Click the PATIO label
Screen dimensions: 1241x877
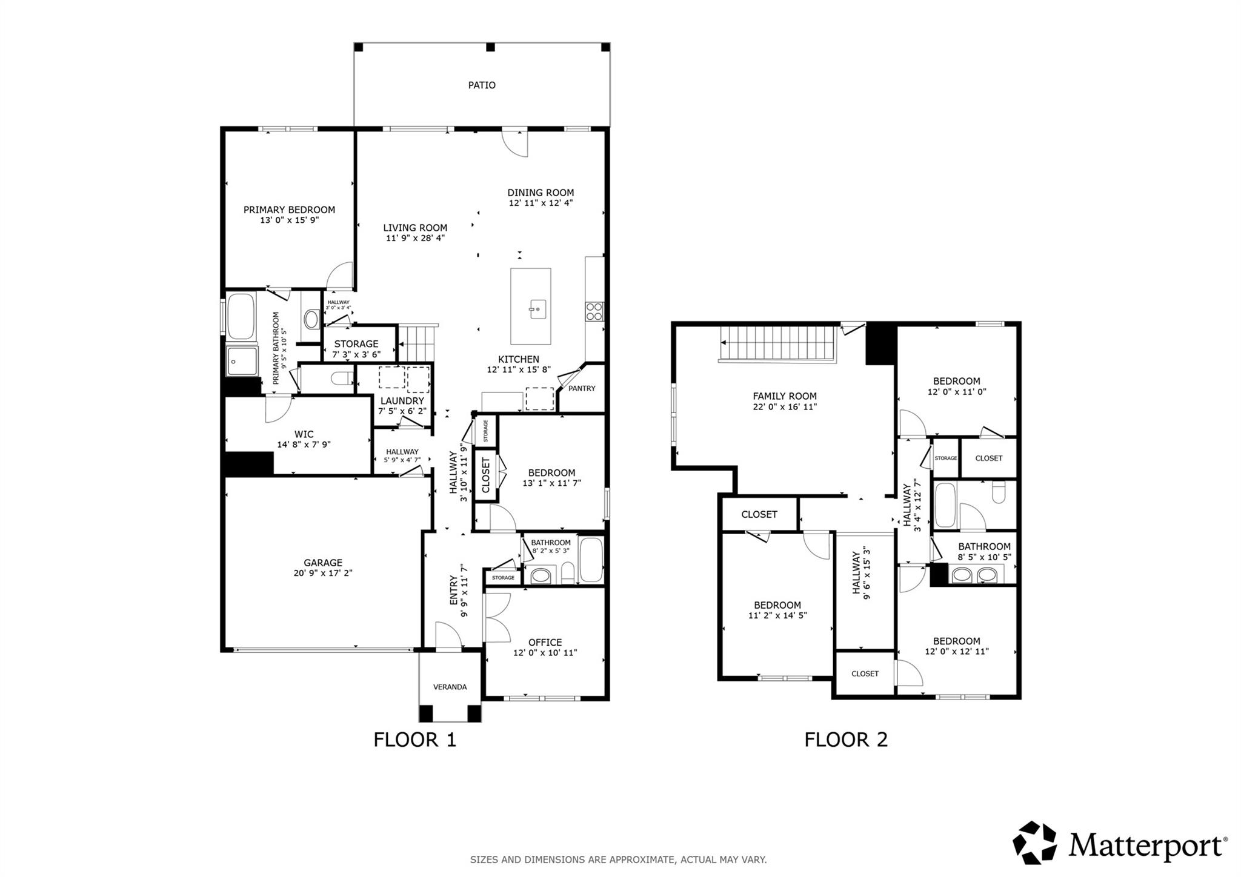(x=482, y=85)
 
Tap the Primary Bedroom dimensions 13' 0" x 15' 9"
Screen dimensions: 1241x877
(x=289, y=220)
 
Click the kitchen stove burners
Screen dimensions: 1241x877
(x=594, y=311)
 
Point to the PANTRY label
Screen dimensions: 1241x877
(x=582, y=388)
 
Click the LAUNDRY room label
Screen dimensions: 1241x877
(x=402, y=401)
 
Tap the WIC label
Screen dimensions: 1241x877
(x=304, y=434)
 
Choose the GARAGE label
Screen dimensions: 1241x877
(x=323, y=563)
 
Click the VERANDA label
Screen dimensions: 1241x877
(x=450, y=687)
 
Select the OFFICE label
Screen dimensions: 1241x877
(x=545, y=643)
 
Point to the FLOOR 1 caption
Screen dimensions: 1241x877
(x=414, y=740)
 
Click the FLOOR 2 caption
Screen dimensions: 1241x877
(x=846, y=740)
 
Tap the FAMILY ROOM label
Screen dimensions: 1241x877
(x=785, y=397)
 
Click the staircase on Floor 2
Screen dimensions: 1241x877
(x=777, y=343)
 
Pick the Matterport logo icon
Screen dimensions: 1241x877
(x=1035, y=842)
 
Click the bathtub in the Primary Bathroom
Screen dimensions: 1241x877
(x=242, y=316)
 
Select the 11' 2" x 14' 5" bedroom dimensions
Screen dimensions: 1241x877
(x=777, y=615)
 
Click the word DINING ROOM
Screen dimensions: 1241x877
(x=541, y=193)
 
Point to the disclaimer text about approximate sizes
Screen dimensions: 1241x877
(x=619, y=859)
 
